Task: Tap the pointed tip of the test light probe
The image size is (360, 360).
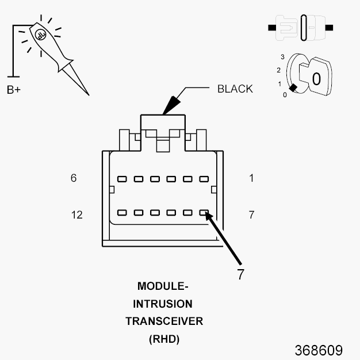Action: click(x=88, y=94)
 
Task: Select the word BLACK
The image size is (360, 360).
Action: click(x=235, y=89)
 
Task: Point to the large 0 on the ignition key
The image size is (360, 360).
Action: click(x=316, y=78)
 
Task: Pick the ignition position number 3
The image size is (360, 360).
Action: click(x=282, y=57)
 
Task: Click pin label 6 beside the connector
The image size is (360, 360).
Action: click(x=74, y=178)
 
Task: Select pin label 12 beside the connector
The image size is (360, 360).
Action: click(x=76, y=215)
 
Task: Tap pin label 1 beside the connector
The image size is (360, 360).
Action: click(x=251, y=178)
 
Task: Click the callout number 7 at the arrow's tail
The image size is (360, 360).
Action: click(x=240, y=274)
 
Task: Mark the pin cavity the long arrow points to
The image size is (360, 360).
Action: click(x=204, y=213)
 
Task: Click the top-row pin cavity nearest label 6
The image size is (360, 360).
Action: click(x=122, y=179)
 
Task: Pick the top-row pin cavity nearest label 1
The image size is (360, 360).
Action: click(x=204, y=179)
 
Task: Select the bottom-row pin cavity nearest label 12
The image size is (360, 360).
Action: click(x=122, y=213)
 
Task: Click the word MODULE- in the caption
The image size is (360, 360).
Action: click(x=163, y=286)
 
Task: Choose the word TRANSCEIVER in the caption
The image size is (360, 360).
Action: click(x=164, y=321)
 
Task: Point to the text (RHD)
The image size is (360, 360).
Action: click(x=164, y=339)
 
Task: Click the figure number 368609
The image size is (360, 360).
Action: click(x=319, y=350)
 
